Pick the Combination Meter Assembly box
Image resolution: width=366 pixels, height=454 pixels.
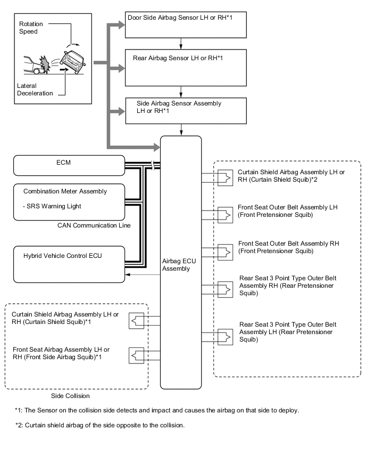[69, 201]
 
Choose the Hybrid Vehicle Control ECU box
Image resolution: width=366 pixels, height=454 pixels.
[69, 264]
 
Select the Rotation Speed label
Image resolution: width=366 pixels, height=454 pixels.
[31, 28]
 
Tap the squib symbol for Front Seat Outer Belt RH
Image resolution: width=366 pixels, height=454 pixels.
[226, 249]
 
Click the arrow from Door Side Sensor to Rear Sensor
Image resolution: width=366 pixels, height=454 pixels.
[182, 43]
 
